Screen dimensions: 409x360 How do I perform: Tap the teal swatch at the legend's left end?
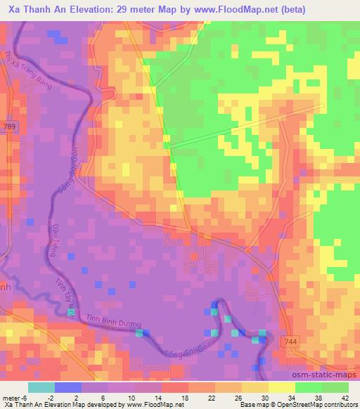point(41,387)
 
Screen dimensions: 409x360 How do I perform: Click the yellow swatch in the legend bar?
point(282,387)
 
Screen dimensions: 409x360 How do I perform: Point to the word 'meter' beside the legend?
point(11,397)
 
